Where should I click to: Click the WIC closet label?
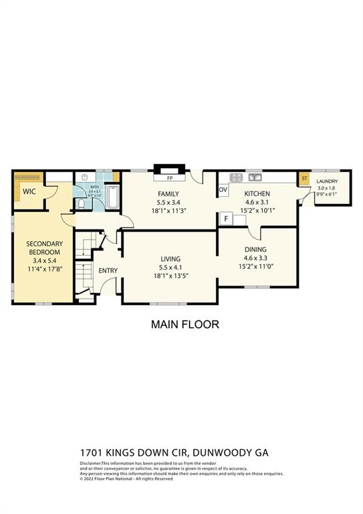tap(29, 191)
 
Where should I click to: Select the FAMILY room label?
tap(168, 193)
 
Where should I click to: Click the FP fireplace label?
tap(170, 179)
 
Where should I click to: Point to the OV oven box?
tap(223, 190)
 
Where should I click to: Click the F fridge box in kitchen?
tap(227, 218)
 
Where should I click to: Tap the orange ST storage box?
tap(304, 179)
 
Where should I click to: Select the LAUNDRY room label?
tap(327, 181)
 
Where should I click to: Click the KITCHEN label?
tap(257, 193)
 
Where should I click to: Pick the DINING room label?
tap(256, 249)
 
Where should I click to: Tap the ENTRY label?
tap(108, 270)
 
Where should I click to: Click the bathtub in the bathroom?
tap(112, 197)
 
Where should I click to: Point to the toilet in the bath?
tap(82, 203)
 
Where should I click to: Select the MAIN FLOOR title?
tap(185, 325)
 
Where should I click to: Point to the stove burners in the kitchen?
tap(236, 177)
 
